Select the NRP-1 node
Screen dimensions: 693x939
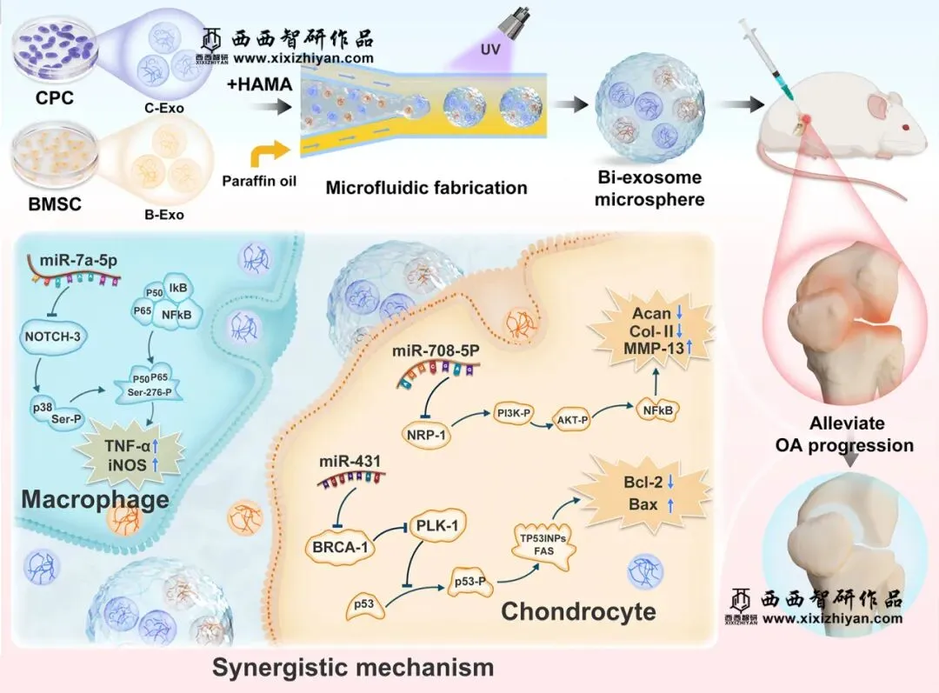429,433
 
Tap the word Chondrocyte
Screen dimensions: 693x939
578,611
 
